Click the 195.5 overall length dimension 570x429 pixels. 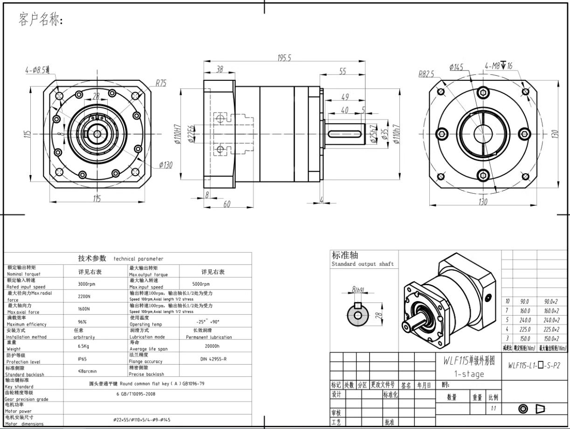(284, 58)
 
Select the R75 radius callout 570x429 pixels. (161, 83)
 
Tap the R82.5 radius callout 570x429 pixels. (426, 74)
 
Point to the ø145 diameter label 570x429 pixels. (456, 67)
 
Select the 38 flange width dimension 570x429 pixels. (219, 69)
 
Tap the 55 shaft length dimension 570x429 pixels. (343, 71)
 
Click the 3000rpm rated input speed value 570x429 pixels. (86, 284)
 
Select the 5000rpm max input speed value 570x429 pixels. (201, 284)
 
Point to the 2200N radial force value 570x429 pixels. (84, 296)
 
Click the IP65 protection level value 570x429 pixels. (82, 359)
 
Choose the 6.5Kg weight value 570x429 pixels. (84, 346)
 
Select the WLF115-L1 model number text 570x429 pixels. (534, 366)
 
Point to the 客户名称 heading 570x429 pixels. (40, 20)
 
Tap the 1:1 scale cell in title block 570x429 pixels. (493, 409)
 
